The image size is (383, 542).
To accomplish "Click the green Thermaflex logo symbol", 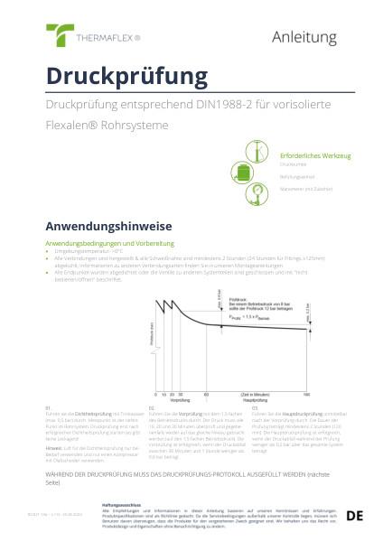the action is [61, 36].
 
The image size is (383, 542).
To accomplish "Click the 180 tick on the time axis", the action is [306, 395].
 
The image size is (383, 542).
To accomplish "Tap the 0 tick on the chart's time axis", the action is [157, 395].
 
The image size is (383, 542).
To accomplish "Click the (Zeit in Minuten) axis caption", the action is [257, 395].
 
